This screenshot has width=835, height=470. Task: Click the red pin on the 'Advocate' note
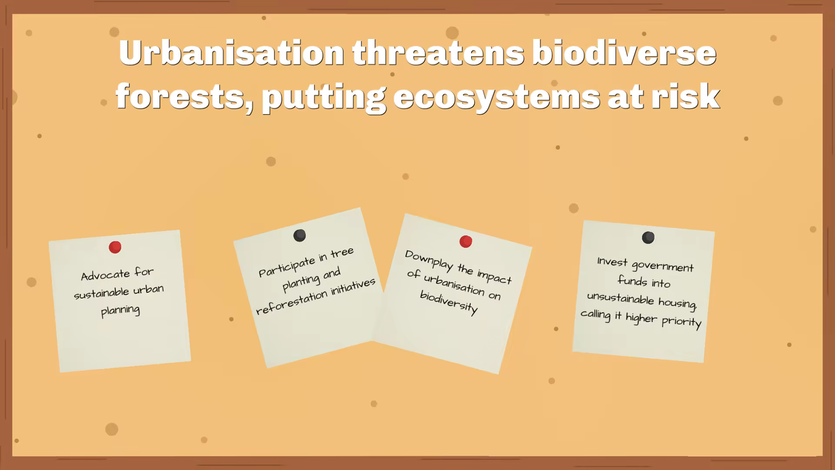click(x=115, y=247)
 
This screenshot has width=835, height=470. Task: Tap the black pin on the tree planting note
click(x=300, y=235)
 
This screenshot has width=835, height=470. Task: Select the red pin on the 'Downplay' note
click(x=466, y=242)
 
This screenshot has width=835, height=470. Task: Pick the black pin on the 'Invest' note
click(x=648, y=238)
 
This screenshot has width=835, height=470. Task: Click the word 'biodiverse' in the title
click(x=624, y=53)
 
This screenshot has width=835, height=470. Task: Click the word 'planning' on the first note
click(x=120, y=311)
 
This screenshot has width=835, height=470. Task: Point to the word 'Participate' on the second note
click(x=287, y=266)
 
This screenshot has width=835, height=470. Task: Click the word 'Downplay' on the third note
click(x=429, y=261)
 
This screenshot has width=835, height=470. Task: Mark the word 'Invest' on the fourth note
click(x=612, y=262)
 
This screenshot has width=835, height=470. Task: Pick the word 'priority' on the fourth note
click(x=681, y=322)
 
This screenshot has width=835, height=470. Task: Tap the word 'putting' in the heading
click(x=324, y=98)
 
